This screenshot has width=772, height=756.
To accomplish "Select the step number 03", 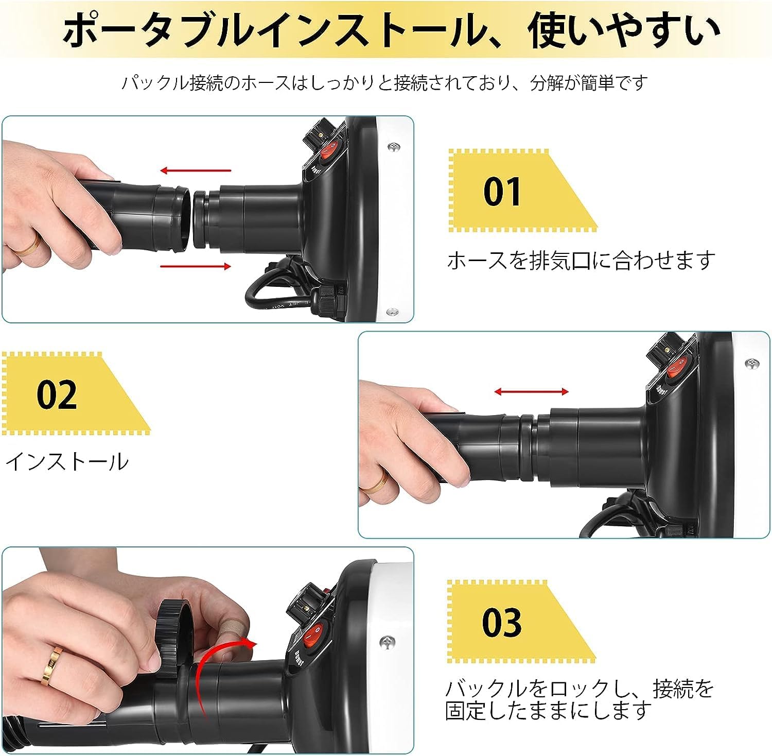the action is [502, 622].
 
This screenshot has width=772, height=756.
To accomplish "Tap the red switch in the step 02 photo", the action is [675, 368].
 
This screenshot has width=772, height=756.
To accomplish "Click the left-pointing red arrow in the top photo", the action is [196, 170].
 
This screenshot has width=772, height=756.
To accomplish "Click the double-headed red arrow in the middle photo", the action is [531, 392].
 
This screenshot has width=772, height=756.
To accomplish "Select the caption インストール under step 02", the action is [66, 461].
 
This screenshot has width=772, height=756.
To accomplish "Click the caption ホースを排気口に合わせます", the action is [581, 261].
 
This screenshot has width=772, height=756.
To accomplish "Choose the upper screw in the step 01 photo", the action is [395, 148].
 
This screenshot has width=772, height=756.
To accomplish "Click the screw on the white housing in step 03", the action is [387, 642].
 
